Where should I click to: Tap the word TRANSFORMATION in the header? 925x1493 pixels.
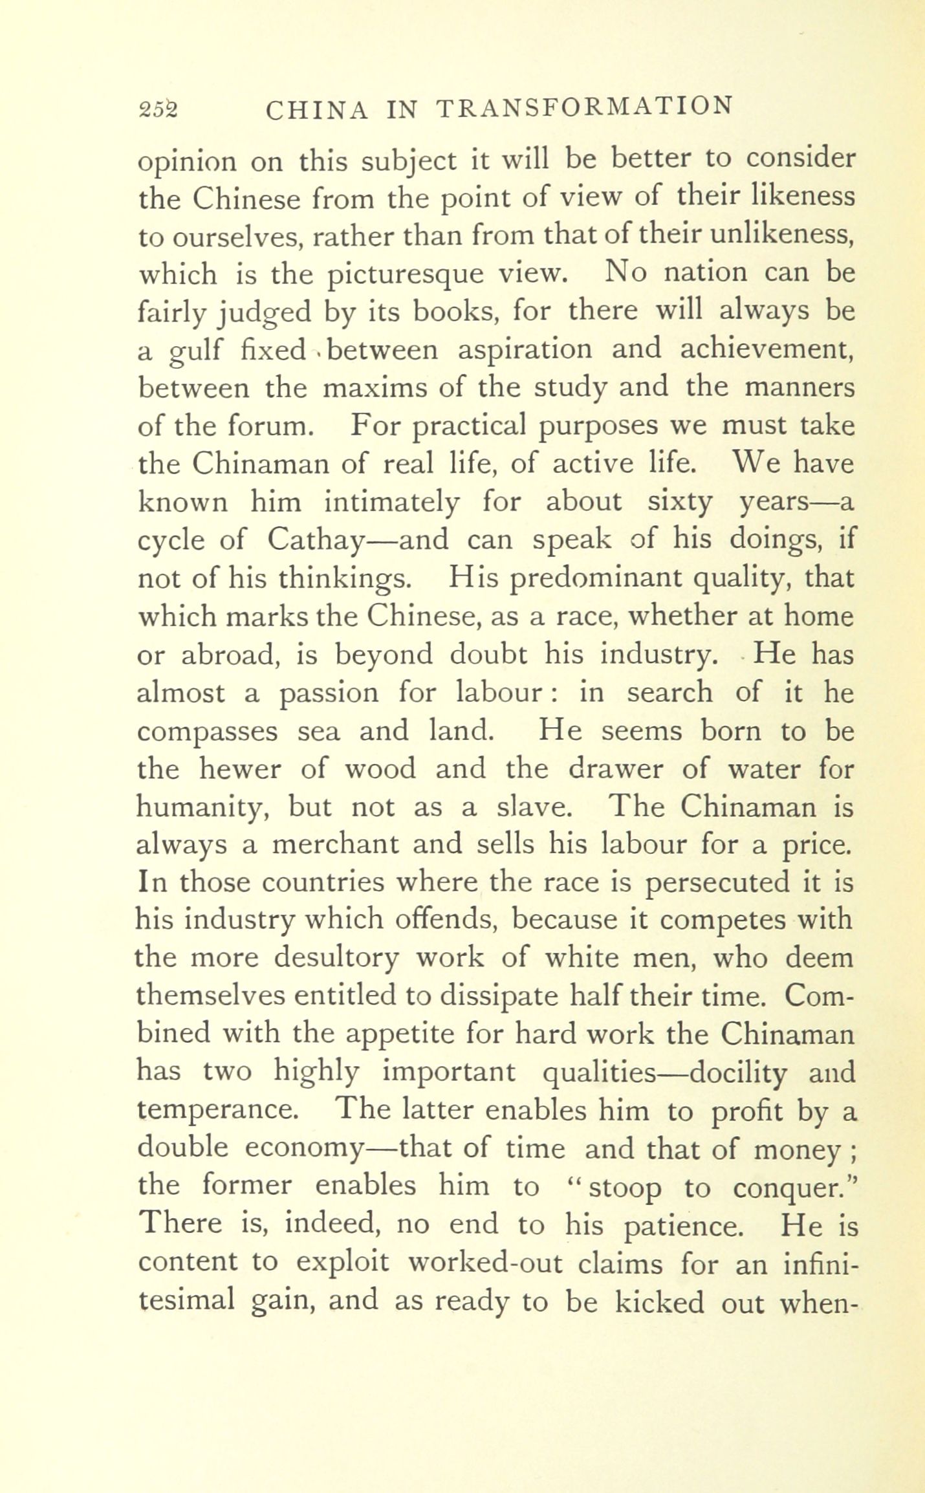585,107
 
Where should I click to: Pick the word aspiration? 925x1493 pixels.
525,350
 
